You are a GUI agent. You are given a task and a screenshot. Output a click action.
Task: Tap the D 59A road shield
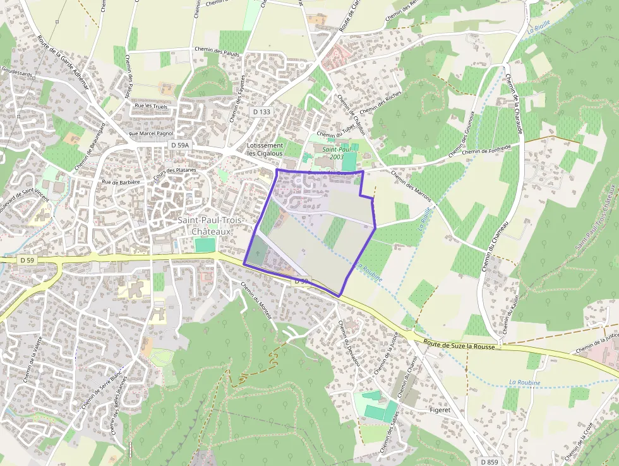point(180,145)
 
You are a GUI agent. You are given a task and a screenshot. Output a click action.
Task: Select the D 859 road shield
point(489,462)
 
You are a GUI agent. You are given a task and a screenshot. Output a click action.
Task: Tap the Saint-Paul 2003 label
point(332,153)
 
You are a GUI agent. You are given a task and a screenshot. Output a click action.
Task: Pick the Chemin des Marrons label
point(410,187)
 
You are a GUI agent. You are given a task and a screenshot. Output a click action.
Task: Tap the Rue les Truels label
point(150,106)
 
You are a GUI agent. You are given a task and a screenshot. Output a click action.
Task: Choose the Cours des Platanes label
point(175,170)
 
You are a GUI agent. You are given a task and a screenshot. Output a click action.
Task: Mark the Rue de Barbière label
point(120,181)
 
